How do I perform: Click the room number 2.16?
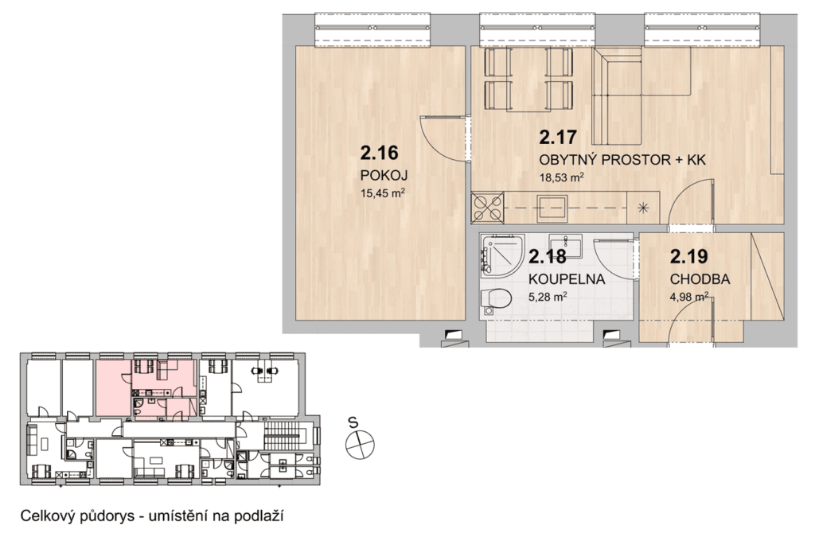click(x=379, y=153)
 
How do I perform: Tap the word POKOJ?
click(x=384, y=175)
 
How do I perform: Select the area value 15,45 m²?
click(x=382, y=193)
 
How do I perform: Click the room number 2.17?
click(x=558, y=137)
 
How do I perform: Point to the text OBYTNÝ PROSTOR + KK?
click(x=622, y=160)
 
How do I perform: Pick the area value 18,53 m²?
click(x=561, y=177)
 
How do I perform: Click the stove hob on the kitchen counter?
click(x=487, y=208)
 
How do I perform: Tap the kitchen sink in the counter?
click(x=552, y=208)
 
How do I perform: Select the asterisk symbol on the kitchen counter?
click(x=643, y=208)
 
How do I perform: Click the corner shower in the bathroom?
click(x=499, y=254)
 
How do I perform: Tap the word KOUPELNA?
click(x=567, y=279)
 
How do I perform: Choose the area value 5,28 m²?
click(x=548, y=298)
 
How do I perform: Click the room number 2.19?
click(x=689, y=257)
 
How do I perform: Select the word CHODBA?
click(x=700, y=279)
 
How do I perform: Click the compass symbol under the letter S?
click(x=360, y=445)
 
